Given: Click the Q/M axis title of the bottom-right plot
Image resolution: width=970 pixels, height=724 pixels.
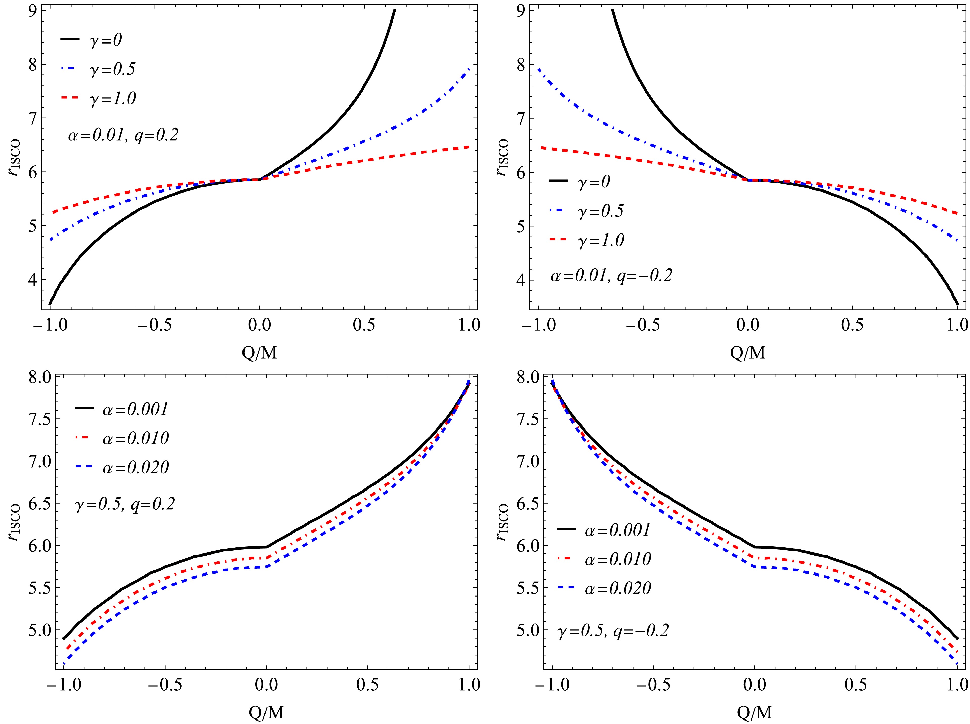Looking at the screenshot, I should (755, 713).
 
